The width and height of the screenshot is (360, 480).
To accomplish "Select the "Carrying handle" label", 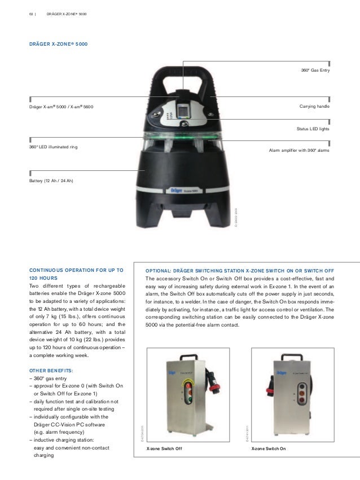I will click(314, 107).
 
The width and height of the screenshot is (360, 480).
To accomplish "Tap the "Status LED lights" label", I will click(312, 129).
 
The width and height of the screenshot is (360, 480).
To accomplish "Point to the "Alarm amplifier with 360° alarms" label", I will click(297, 151).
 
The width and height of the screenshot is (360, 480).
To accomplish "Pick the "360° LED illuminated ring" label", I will click(54, 147).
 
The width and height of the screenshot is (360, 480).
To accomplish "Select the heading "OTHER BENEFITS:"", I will click(54, 371).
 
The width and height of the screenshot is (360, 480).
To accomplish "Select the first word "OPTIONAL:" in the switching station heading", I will click(160, 270).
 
